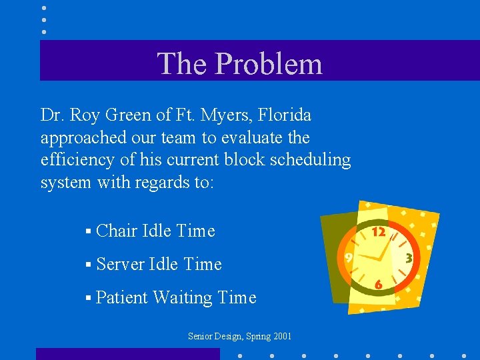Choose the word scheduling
coord(316,160)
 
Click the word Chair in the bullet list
coord(117,231)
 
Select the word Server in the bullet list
coord(121,265)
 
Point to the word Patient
coord(121,298)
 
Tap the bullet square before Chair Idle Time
coord(88,232)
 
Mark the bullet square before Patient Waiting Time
coord(88,299)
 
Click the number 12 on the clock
coord(379,232)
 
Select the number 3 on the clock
coord(408,257)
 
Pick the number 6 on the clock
coord(378,285)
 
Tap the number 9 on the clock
coord(349,257)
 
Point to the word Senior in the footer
coord(201,337)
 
